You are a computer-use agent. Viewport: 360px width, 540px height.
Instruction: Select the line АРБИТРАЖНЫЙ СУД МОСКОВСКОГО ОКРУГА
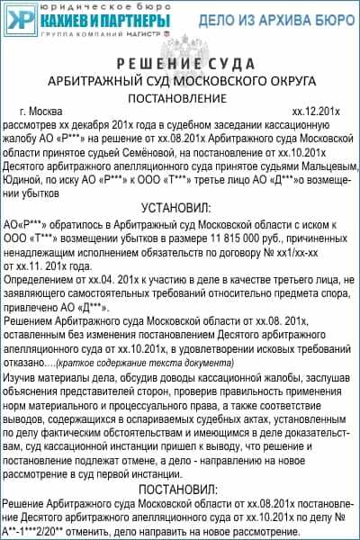click(180, 80)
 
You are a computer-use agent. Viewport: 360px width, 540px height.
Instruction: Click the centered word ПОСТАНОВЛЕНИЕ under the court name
click(180, 96)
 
